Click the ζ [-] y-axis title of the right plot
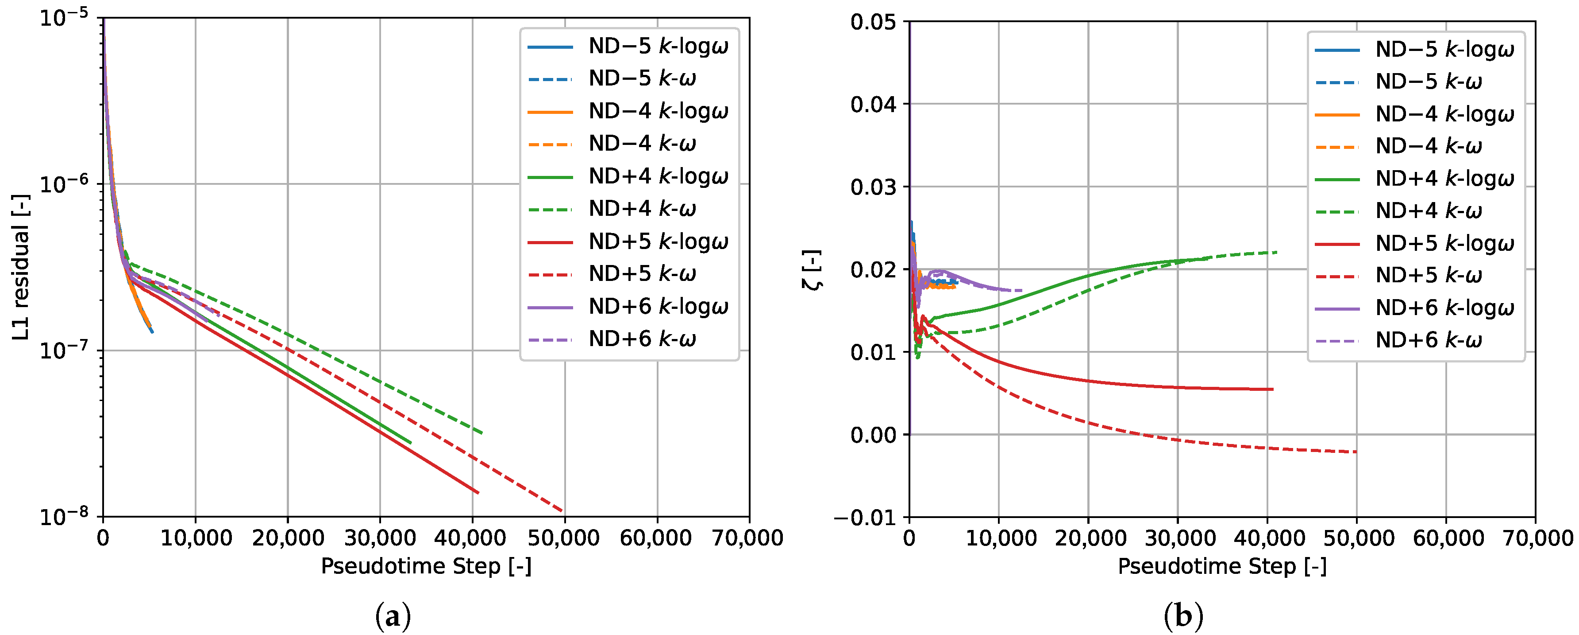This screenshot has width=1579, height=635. coord(812,270)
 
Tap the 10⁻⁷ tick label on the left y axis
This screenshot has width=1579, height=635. coord(63,351)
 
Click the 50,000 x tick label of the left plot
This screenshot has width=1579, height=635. coord(563,538)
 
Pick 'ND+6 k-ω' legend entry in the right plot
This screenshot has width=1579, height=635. coord(1428,340)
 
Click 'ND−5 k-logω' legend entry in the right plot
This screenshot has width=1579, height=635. coord(1444,49)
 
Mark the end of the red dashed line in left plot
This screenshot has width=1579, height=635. coord(562,511)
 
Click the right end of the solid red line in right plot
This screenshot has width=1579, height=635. coord(1272,389)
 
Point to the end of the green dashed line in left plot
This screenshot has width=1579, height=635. coord(482,433)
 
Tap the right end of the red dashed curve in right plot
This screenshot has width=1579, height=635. coord(1356,452)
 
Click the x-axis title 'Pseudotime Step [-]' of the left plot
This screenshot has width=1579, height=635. coord(426,566)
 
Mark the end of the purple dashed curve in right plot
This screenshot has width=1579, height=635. coord(1022,290)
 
